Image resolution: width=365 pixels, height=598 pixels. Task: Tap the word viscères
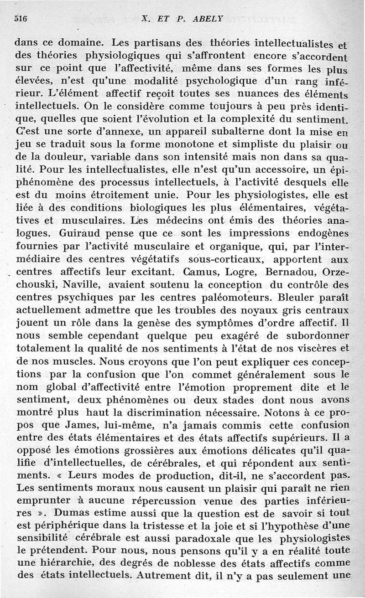coord(318,348)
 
